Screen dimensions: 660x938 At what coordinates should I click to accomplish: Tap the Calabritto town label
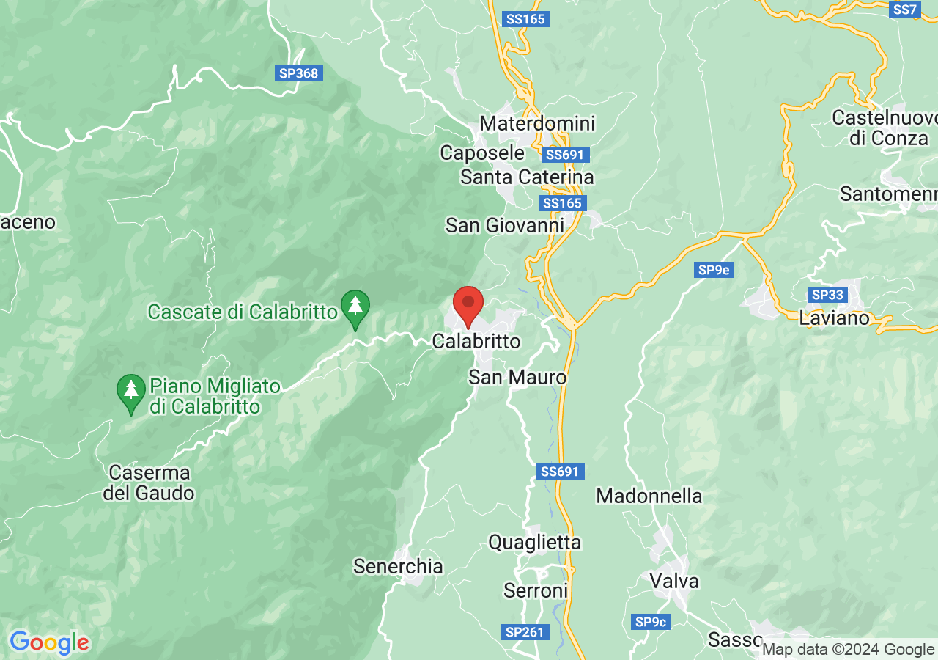pos(476,341)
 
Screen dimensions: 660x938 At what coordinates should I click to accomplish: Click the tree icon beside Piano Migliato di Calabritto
pos(131,392)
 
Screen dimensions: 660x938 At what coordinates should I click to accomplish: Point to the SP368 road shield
pos(299,73)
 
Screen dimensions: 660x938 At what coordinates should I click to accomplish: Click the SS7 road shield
pos(905,10)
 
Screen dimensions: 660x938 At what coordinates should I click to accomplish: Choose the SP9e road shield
pos(713,270)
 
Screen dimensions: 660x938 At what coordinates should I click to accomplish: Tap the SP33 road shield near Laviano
pos(828,295)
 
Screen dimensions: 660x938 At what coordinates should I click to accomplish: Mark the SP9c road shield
pos(651,622)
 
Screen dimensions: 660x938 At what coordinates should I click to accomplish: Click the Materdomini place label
pos(537,123)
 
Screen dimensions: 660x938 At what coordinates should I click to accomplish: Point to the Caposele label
pos(482,153)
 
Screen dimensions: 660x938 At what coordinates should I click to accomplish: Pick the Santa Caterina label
pos(527,177)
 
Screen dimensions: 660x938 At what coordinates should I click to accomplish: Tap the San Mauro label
pos(517,377)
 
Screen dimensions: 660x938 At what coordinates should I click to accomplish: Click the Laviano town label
pos(834,318)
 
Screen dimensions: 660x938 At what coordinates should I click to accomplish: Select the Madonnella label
pos(649,496)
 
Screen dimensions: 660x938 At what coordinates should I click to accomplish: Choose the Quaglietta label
pos(534,542)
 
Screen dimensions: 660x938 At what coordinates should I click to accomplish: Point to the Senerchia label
pos(398,566)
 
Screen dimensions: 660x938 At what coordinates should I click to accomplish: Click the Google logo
pos(49,642)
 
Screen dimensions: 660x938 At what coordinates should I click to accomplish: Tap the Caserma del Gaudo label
pos(148,483)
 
